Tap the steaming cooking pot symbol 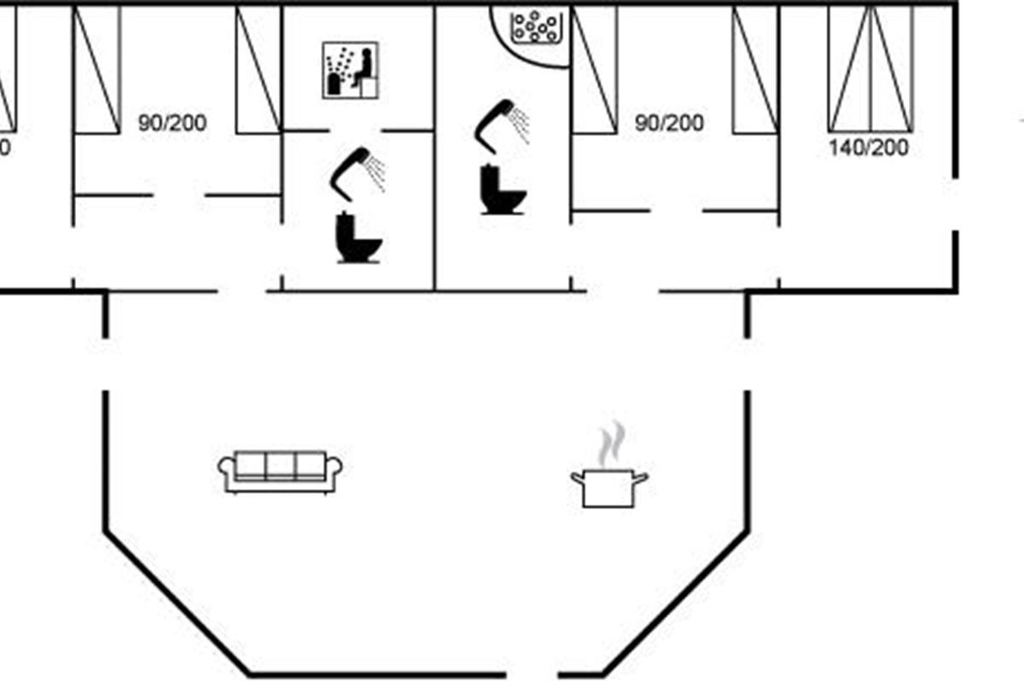(x=608, y=488)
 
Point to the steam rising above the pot (x=610, y=445)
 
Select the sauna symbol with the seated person (x=351, y=72)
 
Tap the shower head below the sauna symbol (x=358, y=170)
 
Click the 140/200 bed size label (x=869, y=148)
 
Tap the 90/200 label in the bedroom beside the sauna (x=172, y=123)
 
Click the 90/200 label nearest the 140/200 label (x=670, y=123)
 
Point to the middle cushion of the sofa (x=280, y=465)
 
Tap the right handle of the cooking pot (x=641, y=477)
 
